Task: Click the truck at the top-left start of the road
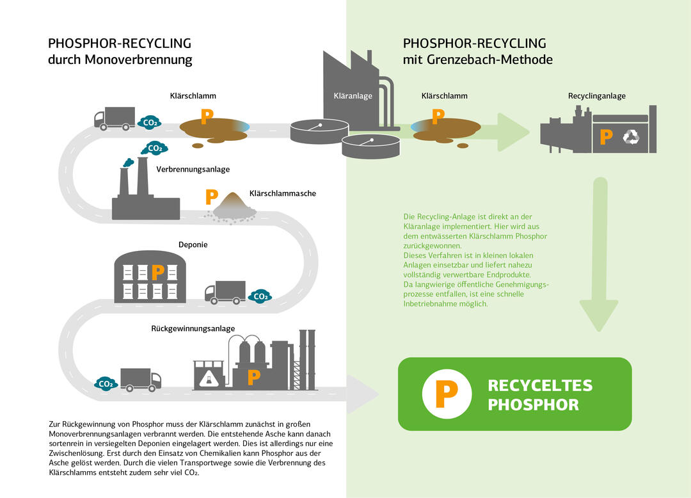point(115,118)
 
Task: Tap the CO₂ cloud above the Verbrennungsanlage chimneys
point(154,148)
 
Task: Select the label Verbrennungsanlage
point(193,170)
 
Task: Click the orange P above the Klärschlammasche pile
point(210,196)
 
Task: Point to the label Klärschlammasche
point(282,193)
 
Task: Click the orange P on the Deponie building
point(157,273)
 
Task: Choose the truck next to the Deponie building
point(225,292)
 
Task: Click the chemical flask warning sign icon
point(207,379)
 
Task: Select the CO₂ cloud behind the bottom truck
point(106,383)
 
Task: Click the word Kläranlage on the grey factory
point(353,97)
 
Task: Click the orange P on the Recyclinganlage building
point(607,136)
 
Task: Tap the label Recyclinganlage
point(596,96)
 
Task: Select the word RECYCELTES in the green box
point(540,385)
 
